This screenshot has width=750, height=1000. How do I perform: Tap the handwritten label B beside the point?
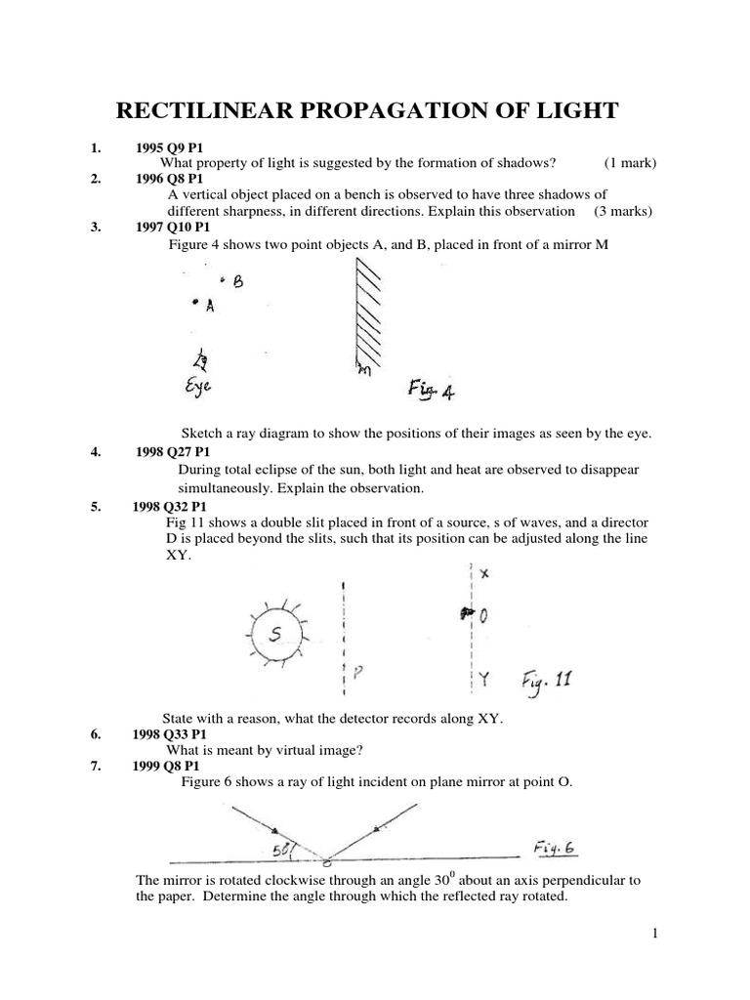pos(237,282)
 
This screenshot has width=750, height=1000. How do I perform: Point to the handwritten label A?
pos(209,307)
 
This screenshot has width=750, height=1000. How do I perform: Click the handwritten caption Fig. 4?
pos(430,392)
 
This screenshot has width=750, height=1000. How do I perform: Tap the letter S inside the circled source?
pos(276,635)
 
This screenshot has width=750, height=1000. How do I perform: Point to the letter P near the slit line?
pos(359,671)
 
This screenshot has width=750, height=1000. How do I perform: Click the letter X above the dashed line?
pos(484,575)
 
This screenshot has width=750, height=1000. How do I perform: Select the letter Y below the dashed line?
pos(484,676)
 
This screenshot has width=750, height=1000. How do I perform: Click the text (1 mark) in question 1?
pos(630,163)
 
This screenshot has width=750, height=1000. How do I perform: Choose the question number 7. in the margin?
pos(96,766)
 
